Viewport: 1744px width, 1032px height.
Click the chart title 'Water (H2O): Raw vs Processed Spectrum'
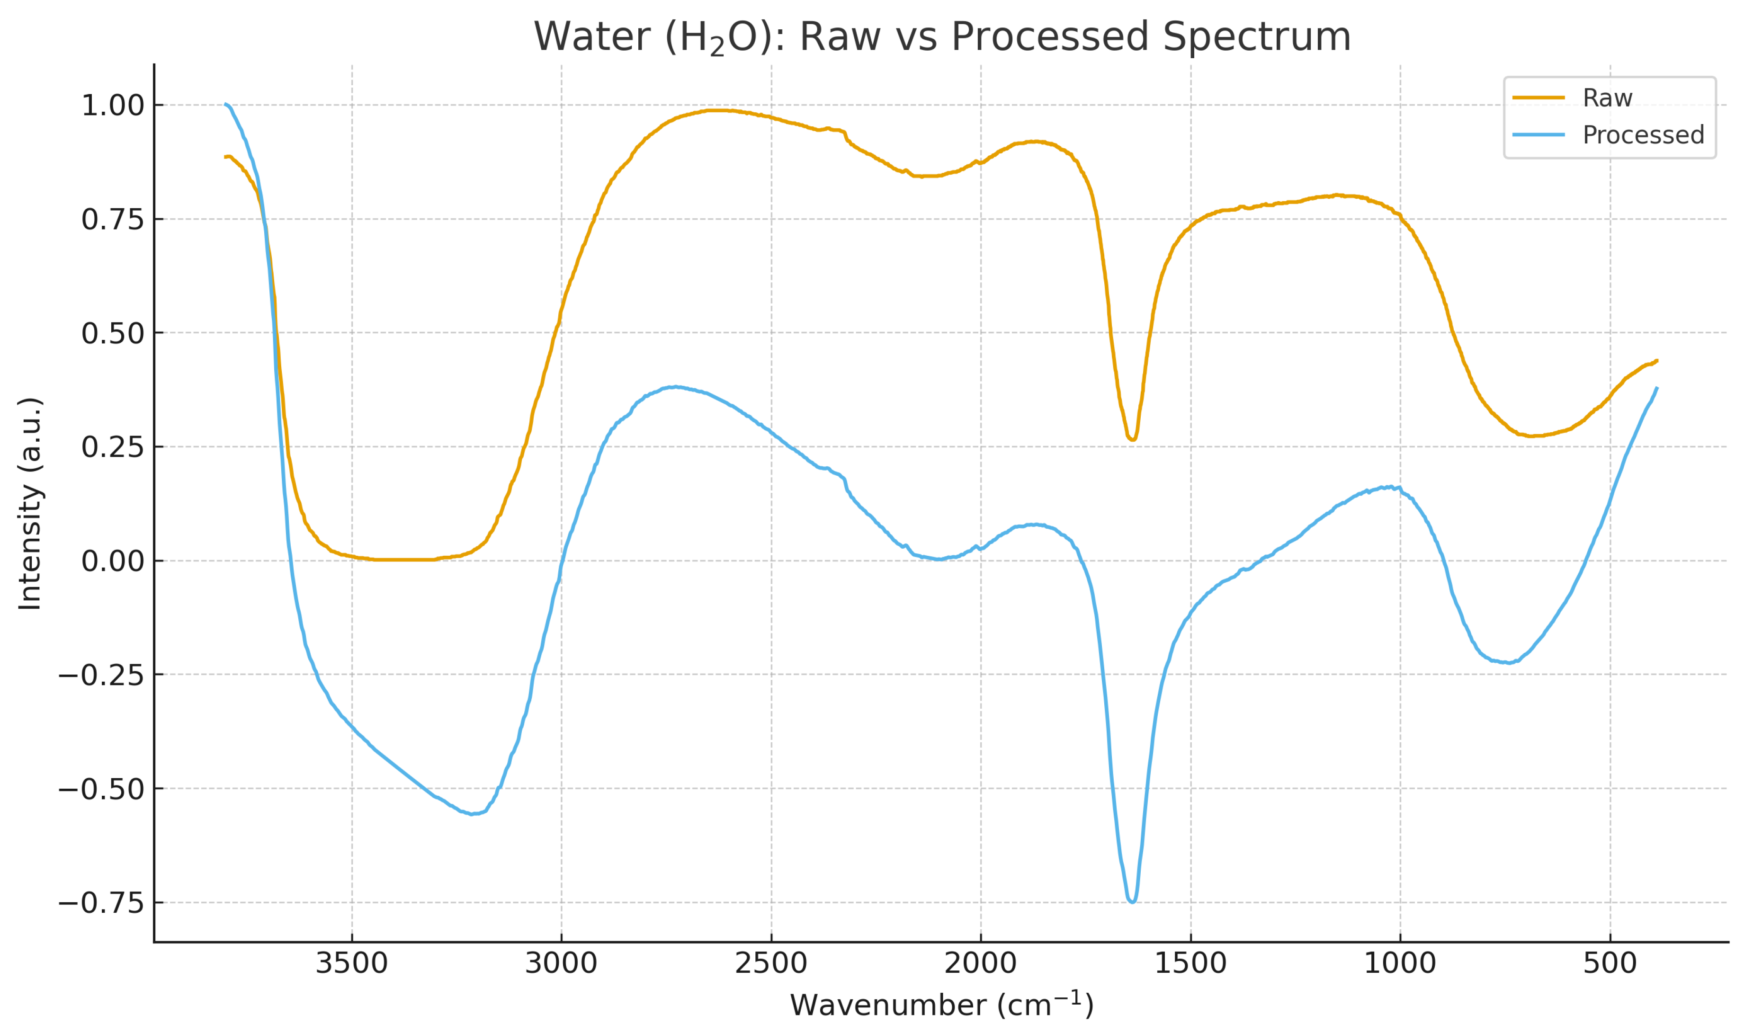942,37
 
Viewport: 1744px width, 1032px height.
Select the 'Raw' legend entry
1607,98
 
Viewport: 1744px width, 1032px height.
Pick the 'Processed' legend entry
1643,135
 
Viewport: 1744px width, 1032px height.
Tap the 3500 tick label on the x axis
351,964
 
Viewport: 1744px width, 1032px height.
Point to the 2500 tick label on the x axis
771,964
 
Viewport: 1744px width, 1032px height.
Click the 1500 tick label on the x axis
1190,964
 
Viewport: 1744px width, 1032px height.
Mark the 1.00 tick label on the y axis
113,107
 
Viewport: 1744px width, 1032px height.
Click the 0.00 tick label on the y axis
113,561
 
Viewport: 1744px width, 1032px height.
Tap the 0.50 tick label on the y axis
113,334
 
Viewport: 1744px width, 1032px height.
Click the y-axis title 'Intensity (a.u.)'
30,504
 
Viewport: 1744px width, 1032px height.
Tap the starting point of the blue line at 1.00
226,104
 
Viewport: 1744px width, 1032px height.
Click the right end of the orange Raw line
1657,361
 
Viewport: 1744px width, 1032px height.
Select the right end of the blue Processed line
1657,388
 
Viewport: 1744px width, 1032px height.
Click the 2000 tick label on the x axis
981,964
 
